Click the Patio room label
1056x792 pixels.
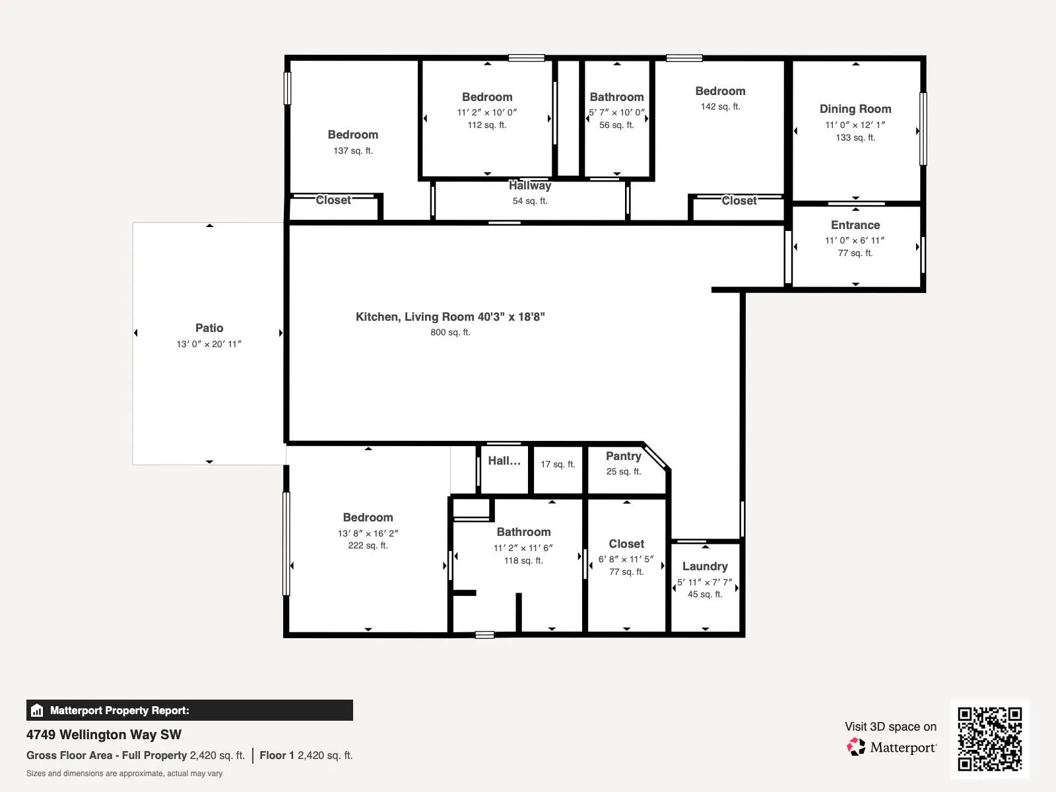tap(209, 328)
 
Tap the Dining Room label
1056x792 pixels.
tap(855, 109)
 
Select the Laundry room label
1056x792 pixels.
tap(705, 566)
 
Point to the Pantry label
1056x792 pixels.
tap(624, 456)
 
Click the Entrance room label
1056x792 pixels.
tap(855, 225)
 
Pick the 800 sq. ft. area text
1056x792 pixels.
tap(450, 332)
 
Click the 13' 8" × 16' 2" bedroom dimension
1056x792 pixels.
tap(368, 533)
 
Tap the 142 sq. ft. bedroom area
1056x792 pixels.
tap(720, 106)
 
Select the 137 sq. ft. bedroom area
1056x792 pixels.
tap(353, 150)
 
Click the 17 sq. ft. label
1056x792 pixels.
tap(558, 464)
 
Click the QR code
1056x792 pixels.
tap(989, 739)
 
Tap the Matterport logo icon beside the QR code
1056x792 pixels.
tap(856, 747)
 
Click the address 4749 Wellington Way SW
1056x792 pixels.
tap(104, 735)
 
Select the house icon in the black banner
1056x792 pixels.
tap(37, 710)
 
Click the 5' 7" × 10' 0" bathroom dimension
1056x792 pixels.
tap(616, 112)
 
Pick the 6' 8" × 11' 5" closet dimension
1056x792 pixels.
tap(626, 559)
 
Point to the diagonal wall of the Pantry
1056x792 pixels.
tap(655, 456)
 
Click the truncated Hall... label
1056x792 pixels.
tap(504, 461)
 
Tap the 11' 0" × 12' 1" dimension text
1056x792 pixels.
tap(855, 125)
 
